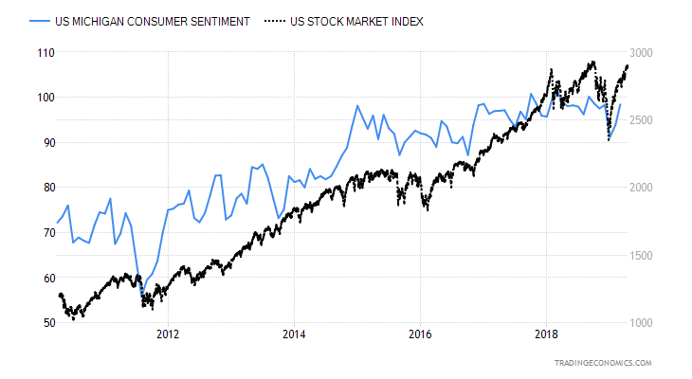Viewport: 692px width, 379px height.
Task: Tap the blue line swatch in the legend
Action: point(40,21)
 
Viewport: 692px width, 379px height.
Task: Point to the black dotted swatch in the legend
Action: point(275,21)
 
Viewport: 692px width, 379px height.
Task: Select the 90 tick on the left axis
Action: point(42,142)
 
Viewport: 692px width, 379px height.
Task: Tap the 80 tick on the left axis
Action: point(42,187)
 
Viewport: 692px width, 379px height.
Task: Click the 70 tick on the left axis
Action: point(42,232)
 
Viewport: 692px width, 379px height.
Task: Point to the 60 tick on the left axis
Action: point(42,278)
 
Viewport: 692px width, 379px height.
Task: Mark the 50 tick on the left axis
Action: point(42,323)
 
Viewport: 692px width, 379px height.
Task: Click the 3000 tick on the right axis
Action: point(655,53)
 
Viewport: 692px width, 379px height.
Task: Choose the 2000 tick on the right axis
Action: point(655,188)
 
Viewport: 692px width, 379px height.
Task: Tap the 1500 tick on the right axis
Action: point(655,256)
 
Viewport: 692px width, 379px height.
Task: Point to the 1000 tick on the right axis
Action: point(655,323)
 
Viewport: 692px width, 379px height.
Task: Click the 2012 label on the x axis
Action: point(168,334)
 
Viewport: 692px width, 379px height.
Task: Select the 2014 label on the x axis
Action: point(294,334)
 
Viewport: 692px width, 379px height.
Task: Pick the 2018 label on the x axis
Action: point(547,334)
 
